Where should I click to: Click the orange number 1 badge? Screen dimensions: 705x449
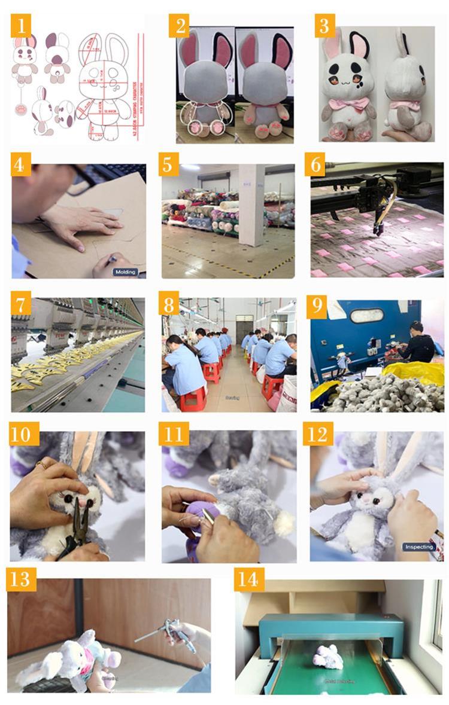tap(22, 26)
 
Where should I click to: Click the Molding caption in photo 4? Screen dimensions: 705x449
tap(125, 272)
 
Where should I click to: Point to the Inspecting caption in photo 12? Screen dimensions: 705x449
tap(419, 547)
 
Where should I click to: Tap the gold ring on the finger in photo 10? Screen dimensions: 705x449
tap(41, 464)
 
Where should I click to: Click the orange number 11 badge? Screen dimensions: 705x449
tap(173, 435)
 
